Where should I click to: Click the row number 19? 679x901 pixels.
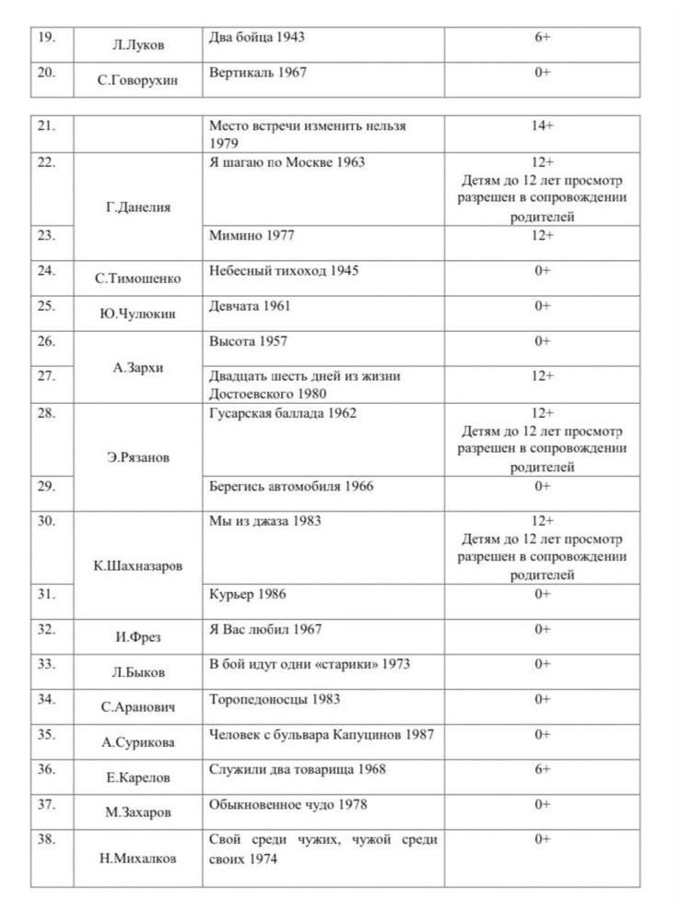tap(46, 39)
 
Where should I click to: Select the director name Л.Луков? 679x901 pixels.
tap(137, 45)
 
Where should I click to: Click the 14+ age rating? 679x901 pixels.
tap(543, 124)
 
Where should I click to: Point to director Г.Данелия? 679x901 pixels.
tap(138, 207)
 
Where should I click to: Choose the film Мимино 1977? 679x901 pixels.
tap(252, 235)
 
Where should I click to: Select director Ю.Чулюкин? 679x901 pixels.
tap(137, 314)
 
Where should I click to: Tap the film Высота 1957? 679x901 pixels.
tap(248, 341)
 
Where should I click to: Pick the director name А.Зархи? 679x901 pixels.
tap(138, 367)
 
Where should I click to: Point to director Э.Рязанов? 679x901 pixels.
tap(138, 457)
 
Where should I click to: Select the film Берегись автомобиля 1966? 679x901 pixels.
tap(291, 486)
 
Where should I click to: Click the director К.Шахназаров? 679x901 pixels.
tap(138, 565)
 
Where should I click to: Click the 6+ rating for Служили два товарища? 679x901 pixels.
tap(543, 769)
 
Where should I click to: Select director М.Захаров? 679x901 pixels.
tap(137, 812)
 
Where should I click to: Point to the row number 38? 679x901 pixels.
tap(47, 840)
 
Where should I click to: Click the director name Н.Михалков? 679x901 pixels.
tap(138, 858)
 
